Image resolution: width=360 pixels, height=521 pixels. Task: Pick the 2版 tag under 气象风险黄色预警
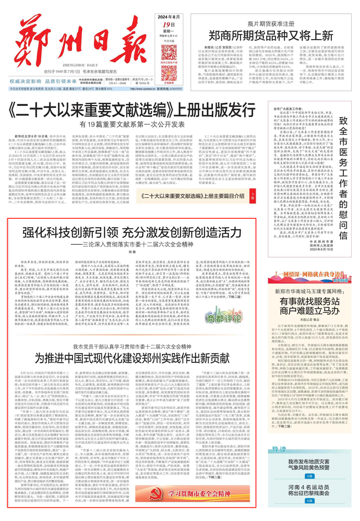point(309,476)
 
